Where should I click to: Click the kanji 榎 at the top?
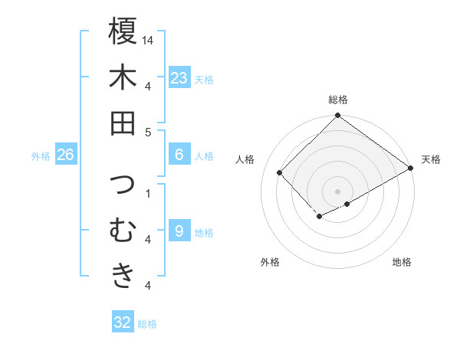pos(123,31)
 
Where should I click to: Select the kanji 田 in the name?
pos(123,123)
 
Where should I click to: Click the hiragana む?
pos(123,230)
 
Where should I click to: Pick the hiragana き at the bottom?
pos(123,276)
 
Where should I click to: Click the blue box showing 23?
pos(179,78)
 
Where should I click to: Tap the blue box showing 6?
pos(179,155)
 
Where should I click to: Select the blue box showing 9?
pos(179,231)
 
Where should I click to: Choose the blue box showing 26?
pos(65,155)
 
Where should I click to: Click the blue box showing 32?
pos(123,322)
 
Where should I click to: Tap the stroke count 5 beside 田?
pos(148,132)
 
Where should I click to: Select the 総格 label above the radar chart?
pos(337,100)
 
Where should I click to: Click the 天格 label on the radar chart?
pos(431,159)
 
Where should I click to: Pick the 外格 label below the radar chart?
pos(270,263)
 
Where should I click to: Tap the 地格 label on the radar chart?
pos(402,263)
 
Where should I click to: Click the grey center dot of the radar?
pos(337,190)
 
